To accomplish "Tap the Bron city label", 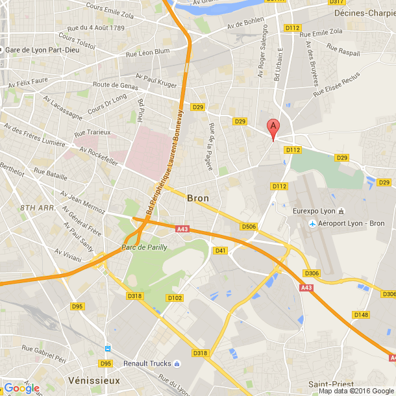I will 197,198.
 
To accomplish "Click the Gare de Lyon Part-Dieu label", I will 42,50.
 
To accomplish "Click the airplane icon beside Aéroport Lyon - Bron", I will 313,224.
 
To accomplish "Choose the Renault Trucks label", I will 152,364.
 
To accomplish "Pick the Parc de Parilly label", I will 144,247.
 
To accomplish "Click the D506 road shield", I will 249,227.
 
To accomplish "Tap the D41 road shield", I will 221,251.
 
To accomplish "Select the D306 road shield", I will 312,273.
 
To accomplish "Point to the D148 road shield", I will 361,315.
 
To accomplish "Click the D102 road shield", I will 175,298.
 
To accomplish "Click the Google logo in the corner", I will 21,388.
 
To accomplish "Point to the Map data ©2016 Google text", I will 356,391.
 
